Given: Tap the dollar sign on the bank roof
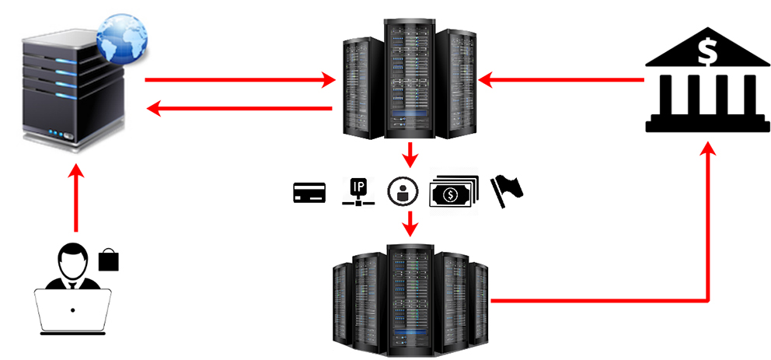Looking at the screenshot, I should tap(706, 51).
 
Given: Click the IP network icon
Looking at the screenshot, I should tap(358, 191).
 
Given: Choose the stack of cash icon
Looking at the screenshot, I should tap(452, 190).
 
